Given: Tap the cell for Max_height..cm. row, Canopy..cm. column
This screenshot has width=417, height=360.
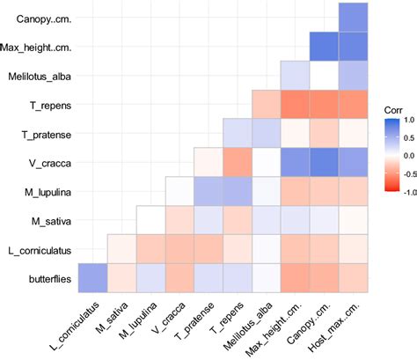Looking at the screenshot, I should [x=324, y=47].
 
